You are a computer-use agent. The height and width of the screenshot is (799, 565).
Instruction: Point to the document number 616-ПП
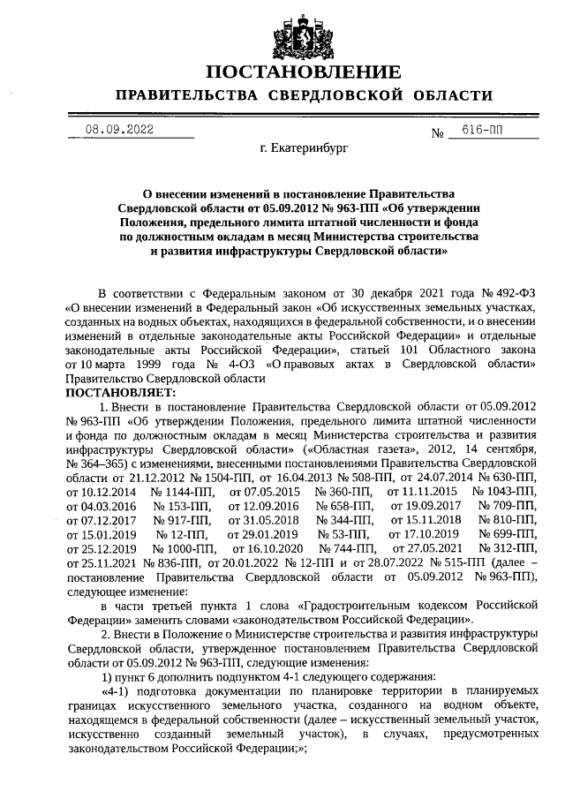[x=482, y=130]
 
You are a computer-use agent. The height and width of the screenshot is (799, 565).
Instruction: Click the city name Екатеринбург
[x=304, y=152]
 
